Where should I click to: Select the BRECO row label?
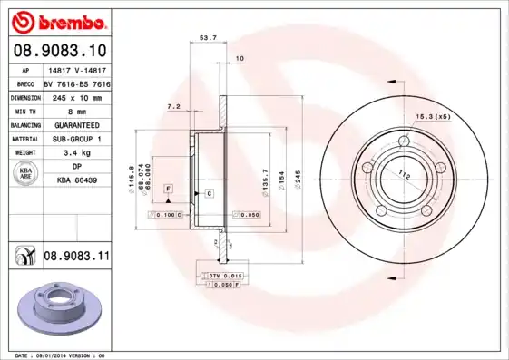tap(24, 83)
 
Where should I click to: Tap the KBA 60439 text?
tap(76, 180)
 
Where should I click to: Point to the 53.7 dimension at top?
tap(207, 38)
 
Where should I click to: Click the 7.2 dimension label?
tap(173, 107)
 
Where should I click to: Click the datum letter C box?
tap(209, 194)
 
